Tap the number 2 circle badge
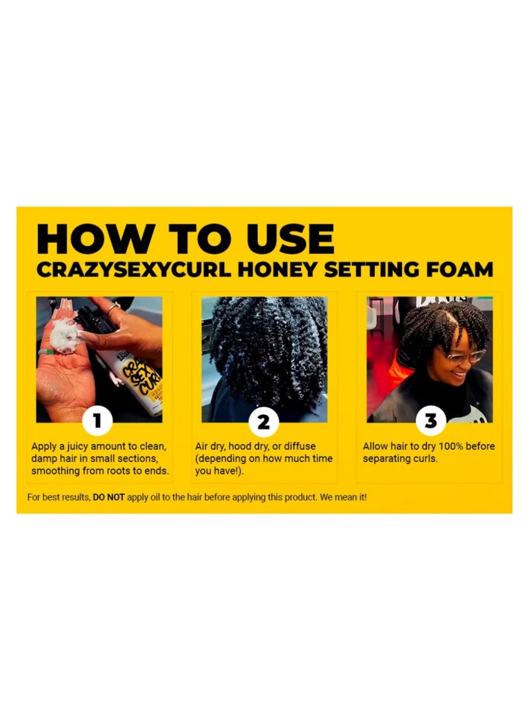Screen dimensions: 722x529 (263, 420)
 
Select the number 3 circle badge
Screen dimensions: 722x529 (430, 420)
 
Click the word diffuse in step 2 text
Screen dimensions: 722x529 (299, 447)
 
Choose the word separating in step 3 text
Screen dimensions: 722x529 (386, 459)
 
